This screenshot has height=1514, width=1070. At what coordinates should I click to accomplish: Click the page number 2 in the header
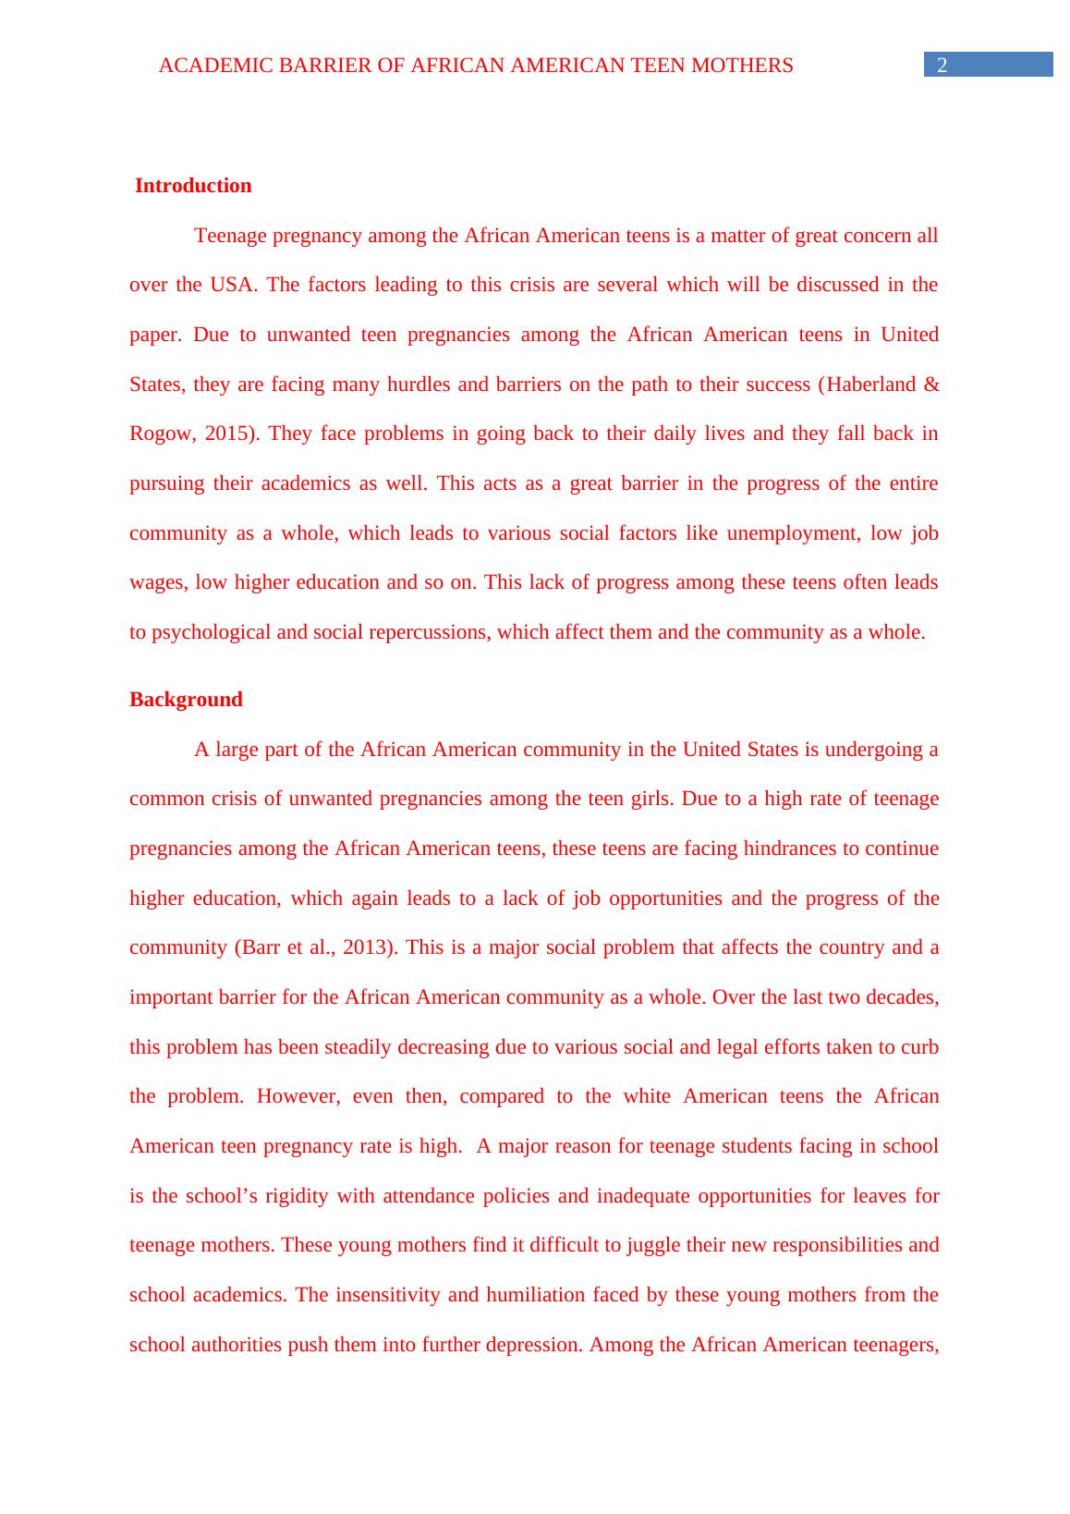pos(942,65)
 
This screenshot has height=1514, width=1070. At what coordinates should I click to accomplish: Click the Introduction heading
pos(193,186)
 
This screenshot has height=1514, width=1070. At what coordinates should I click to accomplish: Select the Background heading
pos(186,700)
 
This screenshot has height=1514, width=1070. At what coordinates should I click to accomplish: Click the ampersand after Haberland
pos(930,385)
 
